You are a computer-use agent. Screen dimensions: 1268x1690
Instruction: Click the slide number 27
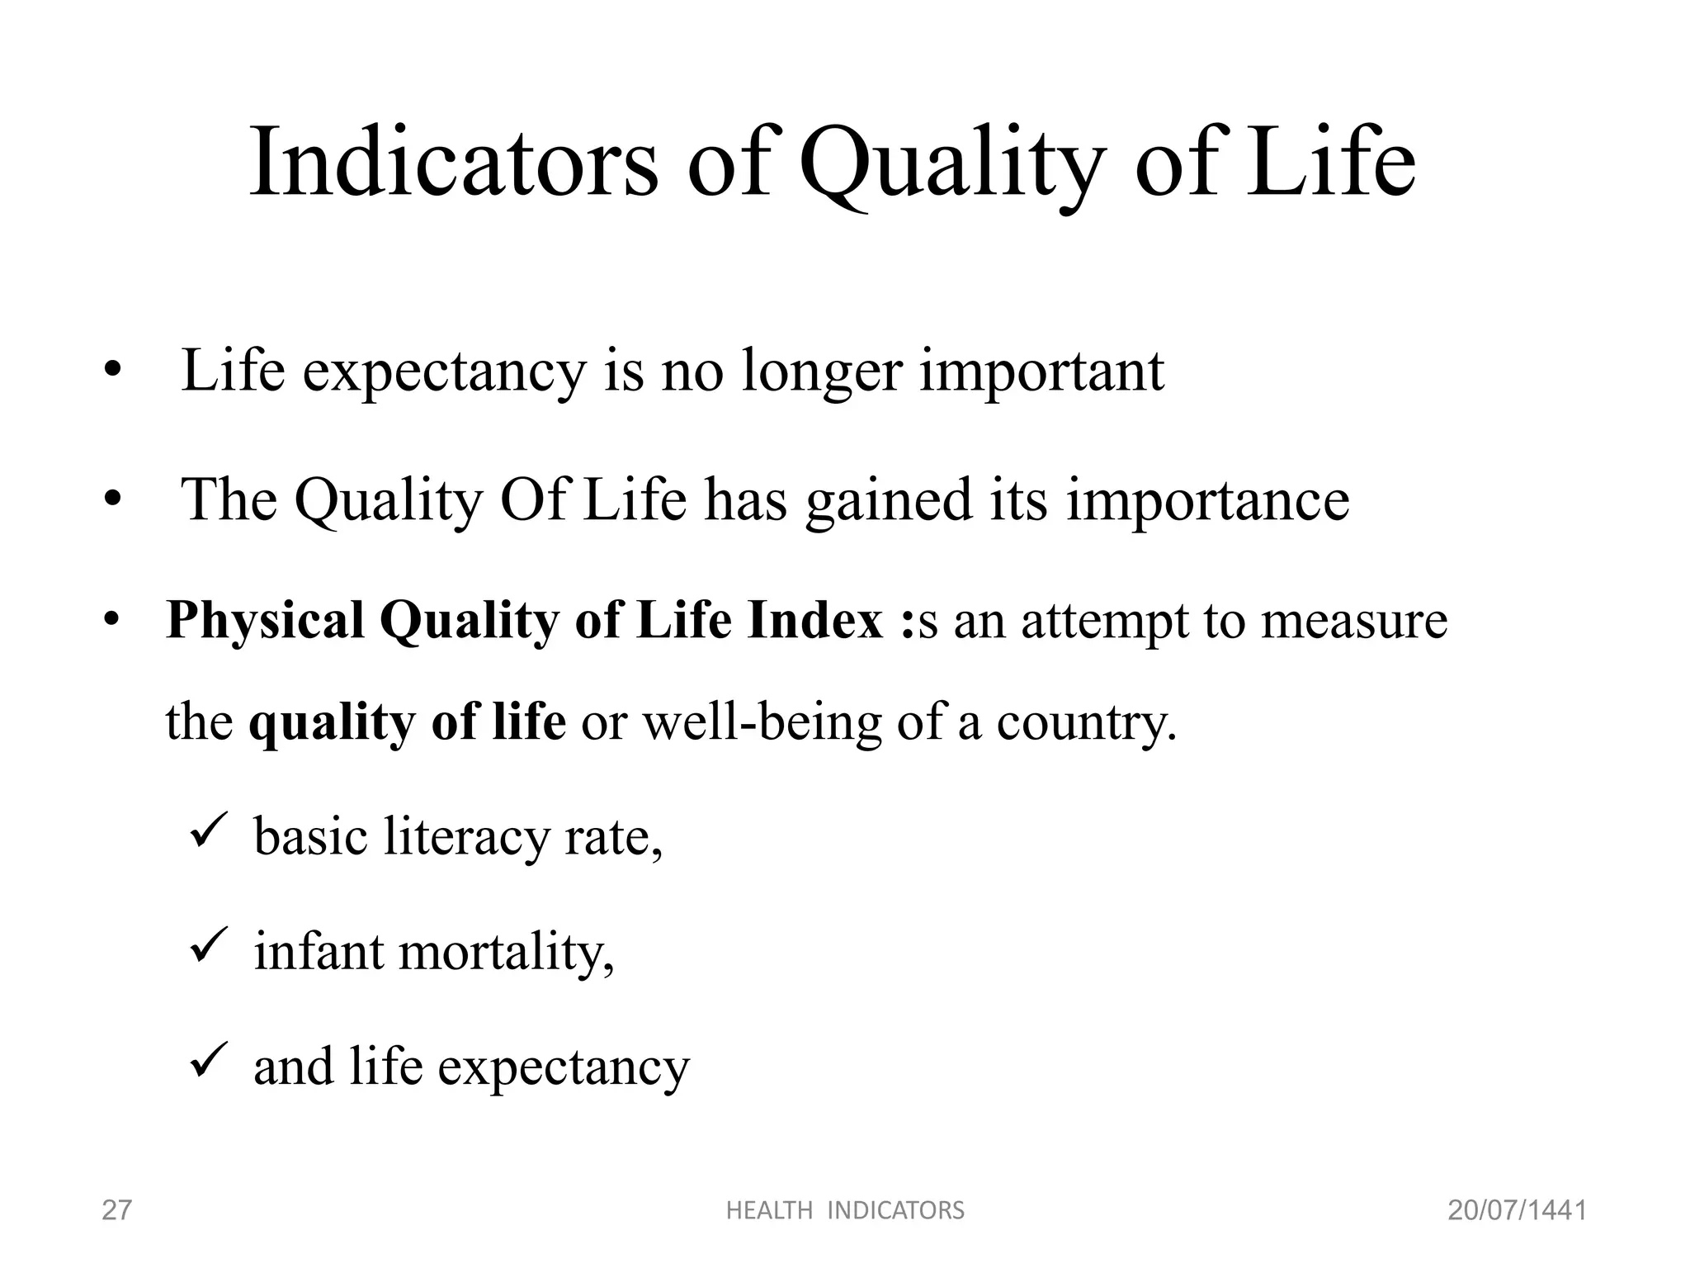click(x=116, y=1210)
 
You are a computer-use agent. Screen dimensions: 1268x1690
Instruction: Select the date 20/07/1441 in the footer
click(x=1517, y=1210)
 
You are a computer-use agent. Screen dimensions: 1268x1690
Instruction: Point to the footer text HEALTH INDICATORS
click(x=845, y=1210)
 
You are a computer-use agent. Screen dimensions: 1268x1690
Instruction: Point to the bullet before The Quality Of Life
click(x=113, y=501)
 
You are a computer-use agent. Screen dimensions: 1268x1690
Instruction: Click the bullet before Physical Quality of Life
click(x=113, y=621)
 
